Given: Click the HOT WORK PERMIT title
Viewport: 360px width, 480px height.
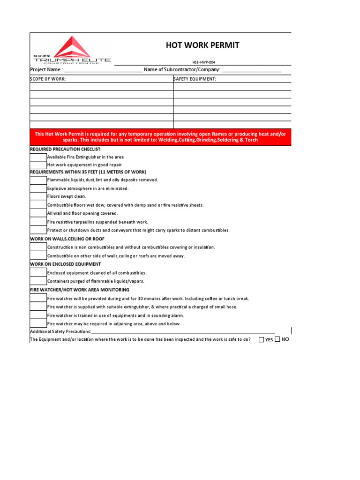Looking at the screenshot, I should coord(202,45).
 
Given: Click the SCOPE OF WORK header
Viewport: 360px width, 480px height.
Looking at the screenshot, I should coord(48,79).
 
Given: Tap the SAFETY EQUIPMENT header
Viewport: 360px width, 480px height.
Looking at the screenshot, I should coord(195,79).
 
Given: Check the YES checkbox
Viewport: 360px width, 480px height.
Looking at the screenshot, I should coord(261,340).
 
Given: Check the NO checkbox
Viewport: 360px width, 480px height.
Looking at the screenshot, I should coord(277,340).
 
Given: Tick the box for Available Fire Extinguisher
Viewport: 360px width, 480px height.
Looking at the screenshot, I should coord(38,157).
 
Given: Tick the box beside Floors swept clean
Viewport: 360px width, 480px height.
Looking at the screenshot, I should coord(38,196).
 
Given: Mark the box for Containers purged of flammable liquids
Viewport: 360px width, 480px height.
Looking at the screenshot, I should coord(38,281).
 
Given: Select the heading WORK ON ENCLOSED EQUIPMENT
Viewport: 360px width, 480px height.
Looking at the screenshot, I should coord(66,264).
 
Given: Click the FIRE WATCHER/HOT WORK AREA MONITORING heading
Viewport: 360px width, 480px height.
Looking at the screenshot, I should coord(80,290).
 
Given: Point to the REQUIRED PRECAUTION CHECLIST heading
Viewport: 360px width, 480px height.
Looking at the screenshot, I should coord(66,149).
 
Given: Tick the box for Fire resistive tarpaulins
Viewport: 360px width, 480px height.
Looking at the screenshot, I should coord(38,222).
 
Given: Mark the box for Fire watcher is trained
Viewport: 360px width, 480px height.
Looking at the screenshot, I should coord(38,315).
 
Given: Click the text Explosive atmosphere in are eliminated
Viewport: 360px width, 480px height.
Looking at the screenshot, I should coord(88,188).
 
